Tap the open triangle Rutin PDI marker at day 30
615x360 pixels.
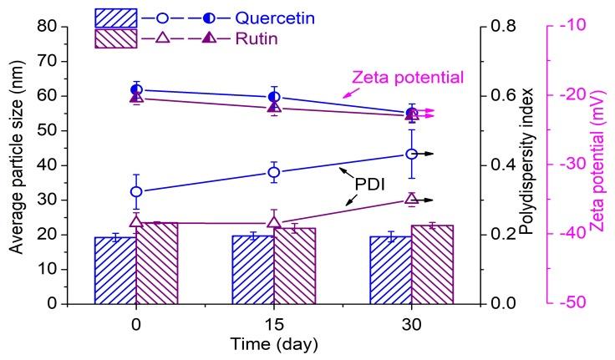click(411, 199)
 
